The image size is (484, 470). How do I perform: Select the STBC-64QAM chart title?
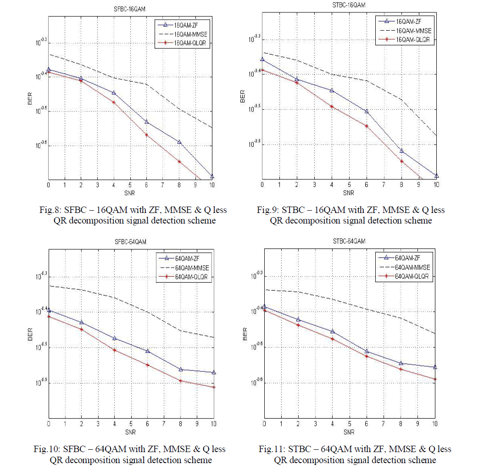(349, 241)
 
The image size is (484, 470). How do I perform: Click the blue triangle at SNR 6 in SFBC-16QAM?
(147, 122)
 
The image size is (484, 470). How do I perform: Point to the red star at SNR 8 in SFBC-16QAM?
(179, 162)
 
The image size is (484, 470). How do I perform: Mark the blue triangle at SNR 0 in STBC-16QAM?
(262, 59)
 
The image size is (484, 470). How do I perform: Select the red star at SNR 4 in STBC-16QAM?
(332, 106)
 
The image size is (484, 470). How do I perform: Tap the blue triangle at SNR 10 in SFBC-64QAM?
(214, 372)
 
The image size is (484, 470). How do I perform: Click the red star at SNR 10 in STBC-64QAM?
(435, 379)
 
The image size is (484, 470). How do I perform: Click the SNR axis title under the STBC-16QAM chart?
(349, 193)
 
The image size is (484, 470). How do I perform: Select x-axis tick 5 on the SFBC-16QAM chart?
(130, 185)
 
